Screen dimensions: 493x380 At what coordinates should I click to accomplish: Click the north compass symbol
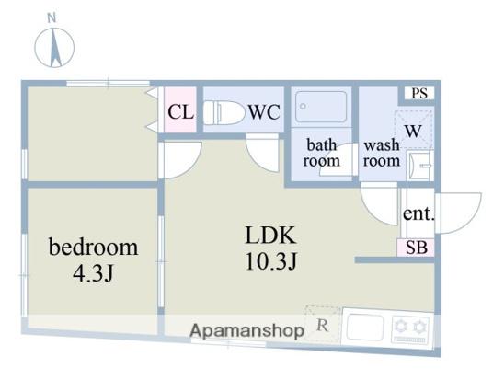pos(54,48)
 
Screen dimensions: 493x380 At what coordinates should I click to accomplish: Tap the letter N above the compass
pos(52,17)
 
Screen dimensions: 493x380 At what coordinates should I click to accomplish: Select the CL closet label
pos(180,111)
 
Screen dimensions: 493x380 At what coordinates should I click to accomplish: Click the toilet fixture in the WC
pos(224,112)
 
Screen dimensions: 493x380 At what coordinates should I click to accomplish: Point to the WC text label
pos(264,112)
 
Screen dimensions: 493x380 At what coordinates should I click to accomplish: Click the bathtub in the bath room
pos(321,107)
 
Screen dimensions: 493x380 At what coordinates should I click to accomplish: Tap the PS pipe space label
pos(419,94)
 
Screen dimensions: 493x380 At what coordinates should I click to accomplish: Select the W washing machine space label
pos(413,131)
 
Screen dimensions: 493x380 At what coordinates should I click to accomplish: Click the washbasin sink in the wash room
pos(420,165)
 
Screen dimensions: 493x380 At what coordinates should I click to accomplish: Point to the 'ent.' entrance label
pos(418,213)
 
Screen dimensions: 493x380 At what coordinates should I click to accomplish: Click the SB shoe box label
pos(417,248)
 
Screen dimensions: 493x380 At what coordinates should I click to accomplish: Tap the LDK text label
pos(270,235)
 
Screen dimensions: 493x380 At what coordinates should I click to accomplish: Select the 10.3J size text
pos(271,261)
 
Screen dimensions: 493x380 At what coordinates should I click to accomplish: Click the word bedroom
pos(94,248)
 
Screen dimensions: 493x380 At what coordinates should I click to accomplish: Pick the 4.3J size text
pos(93,273)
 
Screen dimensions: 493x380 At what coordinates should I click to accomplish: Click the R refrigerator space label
pos(323,326)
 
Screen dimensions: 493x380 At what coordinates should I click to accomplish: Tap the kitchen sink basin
pos(365,328)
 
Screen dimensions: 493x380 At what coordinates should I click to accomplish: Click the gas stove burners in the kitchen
pos(410,329)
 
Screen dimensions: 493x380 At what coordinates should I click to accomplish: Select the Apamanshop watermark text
pos(246,330)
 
